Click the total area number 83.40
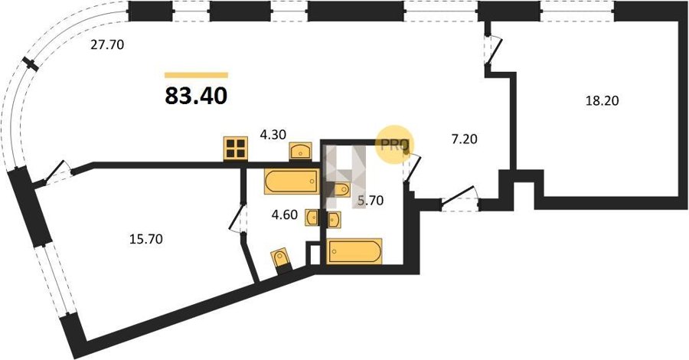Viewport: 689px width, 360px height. [196, 96]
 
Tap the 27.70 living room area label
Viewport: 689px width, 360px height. [108, 44]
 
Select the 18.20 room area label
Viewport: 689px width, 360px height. [602, 101]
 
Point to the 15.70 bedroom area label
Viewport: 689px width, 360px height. [146, 239]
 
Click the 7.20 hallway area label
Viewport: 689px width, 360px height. [464, 139]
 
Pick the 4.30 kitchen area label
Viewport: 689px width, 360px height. [273, 136]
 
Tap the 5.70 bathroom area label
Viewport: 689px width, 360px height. [371, 201]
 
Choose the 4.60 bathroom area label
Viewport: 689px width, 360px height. [284, 215]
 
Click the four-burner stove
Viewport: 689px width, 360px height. [236, 148]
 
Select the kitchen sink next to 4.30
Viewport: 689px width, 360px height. [301, 151]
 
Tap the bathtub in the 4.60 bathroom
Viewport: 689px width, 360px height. [292, 181]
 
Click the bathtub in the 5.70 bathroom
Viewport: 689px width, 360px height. [354, 251]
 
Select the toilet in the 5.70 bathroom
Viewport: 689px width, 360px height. [341, 189]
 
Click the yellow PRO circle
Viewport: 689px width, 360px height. [394, 146]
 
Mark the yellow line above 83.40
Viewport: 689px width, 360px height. [197, 75]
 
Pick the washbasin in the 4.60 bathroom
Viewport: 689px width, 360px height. [312, 218]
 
